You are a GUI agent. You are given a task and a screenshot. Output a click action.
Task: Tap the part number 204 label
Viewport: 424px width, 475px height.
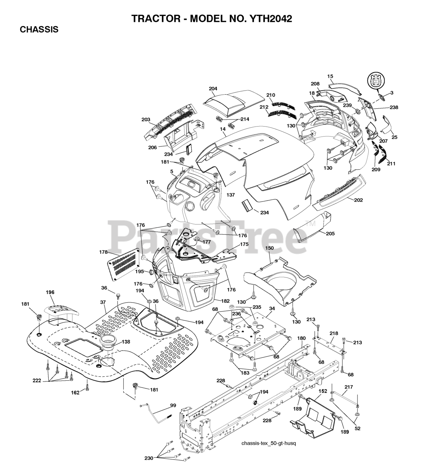pyautogui.click(x=213, y=89)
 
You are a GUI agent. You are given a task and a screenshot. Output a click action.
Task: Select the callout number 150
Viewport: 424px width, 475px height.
pyautogui.click(x=270, y=248)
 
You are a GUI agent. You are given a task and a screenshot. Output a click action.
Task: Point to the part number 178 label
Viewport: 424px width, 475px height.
pyautogui.click(x=103, y=252)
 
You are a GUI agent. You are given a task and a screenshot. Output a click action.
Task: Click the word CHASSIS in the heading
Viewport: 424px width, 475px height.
pyautogui.click(x=39, y=30)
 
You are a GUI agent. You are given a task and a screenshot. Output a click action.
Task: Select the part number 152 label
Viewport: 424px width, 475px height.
pyautogui.click(x=323, y=391)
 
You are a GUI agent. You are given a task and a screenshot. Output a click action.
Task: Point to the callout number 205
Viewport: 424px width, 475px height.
pyautogui.click(x=330, y=233)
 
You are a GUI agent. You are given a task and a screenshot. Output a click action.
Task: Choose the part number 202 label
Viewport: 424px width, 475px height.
pyautogui.click(x=358, y=200)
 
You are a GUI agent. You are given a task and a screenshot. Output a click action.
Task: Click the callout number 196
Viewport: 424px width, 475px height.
pyautogui.click(x=50, y=292)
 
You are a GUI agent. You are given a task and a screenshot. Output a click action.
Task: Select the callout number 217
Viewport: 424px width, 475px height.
pyautogui.click(x=348, y=387)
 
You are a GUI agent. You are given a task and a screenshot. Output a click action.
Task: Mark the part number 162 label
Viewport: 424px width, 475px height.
pyautogui.click(x=75, y=393)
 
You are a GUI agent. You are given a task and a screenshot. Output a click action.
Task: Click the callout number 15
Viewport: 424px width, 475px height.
pyautogui.click(x=330, y=76)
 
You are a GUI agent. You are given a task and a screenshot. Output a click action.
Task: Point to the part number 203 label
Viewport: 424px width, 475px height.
pyautogui.click(x=146, y=119)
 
